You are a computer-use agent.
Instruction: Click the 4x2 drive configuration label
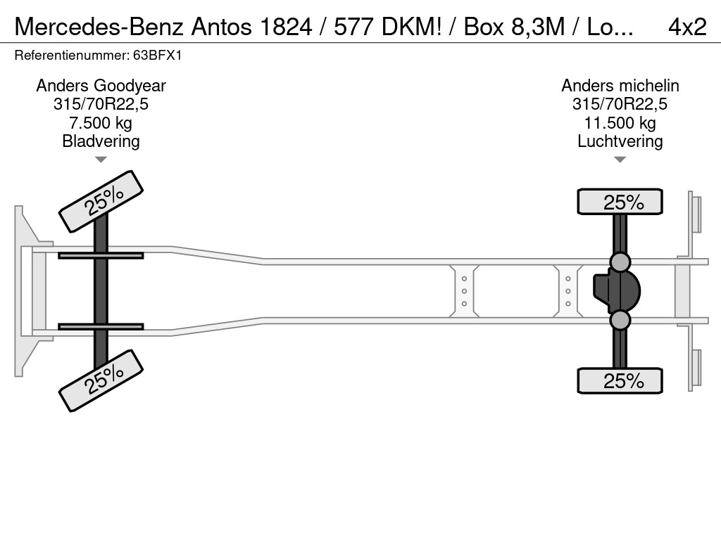(x=687, y=27)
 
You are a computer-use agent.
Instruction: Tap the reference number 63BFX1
(x=157, y=56)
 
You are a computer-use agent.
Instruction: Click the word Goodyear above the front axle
(x=130, y=86)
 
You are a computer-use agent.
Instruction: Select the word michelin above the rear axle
(x=649, y=86)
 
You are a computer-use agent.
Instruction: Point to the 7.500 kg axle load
(x=101, y=123)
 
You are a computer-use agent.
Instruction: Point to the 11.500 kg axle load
(x=620, y=123)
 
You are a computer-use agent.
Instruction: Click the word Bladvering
(x=101, y=141)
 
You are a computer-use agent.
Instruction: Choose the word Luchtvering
(x=620, y=141)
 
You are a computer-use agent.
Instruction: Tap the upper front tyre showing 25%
(x=101, y=202)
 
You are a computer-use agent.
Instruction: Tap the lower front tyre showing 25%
(x=101, y=380)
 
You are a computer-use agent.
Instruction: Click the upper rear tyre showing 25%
(x=620, y=202)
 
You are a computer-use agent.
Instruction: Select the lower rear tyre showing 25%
(x=620, y=380)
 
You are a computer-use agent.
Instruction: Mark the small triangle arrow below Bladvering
(x=101, y=160)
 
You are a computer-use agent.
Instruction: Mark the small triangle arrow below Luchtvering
(x=620, y=160)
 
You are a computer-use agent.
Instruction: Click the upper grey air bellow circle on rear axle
(x=620, y=262)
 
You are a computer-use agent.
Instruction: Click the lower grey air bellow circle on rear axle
(x=620, y=320)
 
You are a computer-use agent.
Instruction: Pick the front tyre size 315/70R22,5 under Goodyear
(x=101, y=105)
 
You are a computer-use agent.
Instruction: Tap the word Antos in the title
(x=222, y=27)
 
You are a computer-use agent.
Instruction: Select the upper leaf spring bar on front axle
(x=101, y=255)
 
